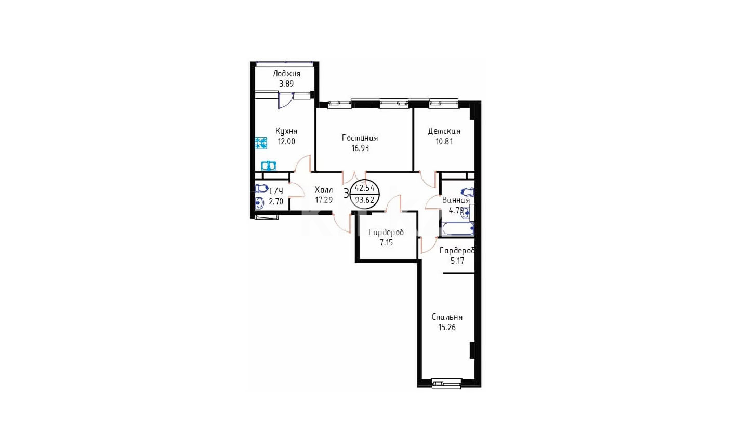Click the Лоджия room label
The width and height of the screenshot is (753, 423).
click(286, 74)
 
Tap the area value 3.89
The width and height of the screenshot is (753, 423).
click(286, 84)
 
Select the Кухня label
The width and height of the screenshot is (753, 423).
click(286, 131)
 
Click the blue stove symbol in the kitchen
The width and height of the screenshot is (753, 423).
click(261, 143)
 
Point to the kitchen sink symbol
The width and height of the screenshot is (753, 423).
click(269, 166)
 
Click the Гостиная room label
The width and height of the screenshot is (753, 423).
click(360, 138)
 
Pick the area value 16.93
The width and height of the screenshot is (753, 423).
click(360, 148)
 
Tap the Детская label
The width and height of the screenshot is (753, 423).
click(444, 131)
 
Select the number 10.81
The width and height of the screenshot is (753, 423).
click(444, 141)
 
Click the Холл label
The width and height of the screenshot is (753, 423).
click(324, 190)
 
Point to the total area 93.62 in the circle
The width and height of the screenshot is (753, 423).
click(365, 200)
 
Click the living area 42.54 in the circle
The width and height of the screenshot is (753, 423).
click(365, 188)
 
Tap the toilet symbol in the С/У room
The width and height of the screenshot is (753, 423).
click(261, 189)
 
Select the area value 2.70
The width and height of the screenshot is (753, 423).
click(276, 202)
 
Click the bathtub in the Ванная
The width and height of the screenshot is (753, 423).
click(457, 229)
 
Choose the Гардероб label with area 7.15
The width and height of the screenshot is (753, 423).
click(386, 233)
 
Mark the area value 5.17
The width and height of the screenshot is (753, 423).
click(457, 261)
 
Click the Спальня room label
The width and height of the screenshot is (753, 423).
click(447, 317)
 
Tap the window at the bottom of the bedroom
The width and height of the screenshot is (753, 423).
click(446, 384)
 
